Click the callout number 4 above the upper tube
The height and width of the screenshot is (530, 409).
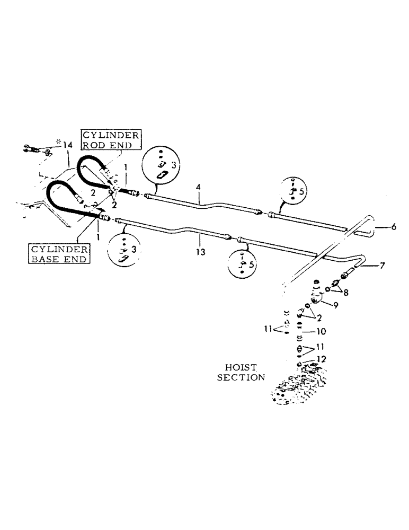click(x=198, y=187)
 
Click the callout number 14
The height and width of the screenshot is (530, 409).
click(x=67, y=145)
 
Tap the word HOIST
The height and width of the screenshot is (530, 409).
click(x=241, y=367)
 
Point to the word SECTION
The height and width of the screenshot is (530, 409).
click(x=244, y=377)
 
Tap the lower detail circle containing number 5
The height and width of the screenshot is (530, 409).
click(x=243, y=263)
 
